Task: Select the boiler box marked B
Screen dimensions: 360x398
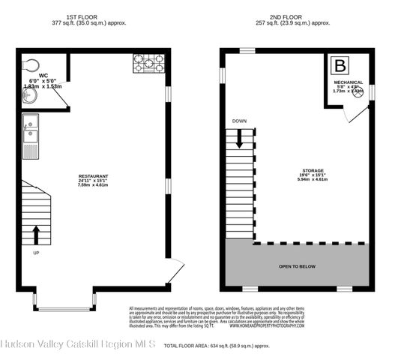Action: tap(340, 65)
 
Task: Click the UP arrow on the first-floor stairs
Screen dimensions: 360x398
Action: tap(35, 233)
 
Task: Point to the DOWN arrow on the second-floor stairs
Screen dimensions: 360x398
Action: tap(241, 137)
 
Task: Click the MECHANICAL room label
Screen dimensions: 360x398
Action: tap(349, 82)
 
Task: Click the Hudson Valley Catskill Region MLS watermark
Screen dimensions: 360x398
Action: tap(77, 344)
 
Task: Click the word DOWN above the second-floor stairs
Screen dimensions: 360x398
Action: tap(240, 121)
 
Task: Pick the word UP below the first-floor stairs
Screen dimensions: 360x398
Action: tap(35, 253)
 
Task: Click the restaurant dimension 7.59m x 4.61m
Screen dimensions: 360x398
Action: tap(93, 184)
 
